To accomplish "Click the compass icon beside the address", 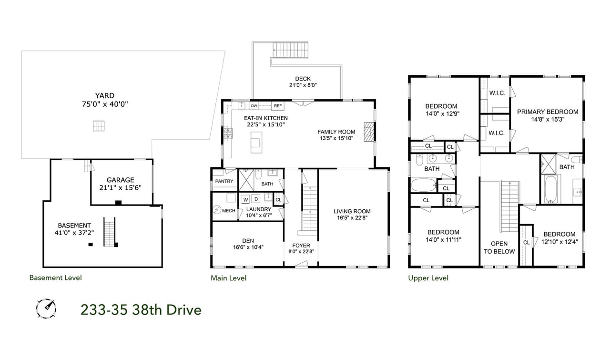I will (x=46, y=308).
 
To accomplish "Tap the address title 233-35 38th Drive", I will (x=141, y=310).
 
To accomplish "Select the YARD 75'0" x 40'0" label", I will (x=104, y=100).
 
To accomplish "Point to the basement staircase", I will (x=110, y=232).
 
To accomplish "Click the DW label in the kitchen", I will (x=254, y=106).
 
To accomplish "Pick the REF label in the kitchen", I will (x=277, y=106).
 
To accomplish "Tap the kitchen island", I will (x=256, y=142).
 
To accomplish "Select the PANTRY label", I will (x=224, y=182).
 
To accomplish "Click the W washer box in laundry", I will (x=246, y=199).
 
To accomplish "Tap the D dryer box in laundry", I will (x=256, y=199).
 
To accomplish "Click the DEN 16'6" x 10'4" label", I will (x=248, y=244).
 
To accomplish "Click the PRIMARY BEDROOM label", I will (x=548, y=115).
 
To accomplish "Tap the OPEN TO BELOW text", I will (x=499, y=247).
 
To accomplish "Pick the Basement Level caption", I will (x=55, y=278).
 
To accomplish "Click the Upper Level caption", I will (x=428, y=278).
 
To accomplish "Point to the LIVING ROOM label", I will (x=352, y=215).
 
